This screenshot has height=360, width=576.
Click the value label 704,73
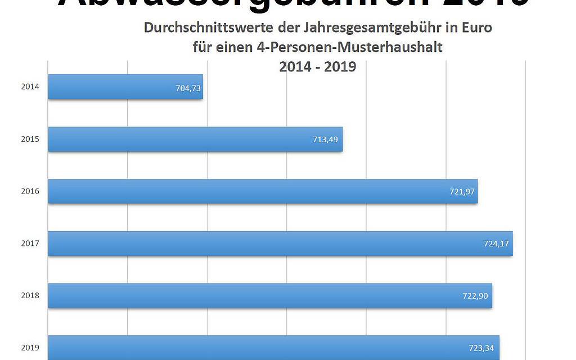tap(188, 88)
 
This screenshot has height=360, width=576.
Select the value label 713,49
tap(325, 139)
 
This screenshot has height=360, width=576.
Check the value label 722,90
tap(476, 296)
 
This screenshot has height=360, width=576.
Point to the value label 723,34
tap(482, 348)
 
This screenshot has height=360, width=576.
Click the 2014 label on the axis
tap(30, 87)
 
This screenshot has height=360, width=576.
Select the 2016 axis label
tap(30, 191)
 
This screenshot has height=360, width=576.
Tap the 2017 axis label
tap(30, 244)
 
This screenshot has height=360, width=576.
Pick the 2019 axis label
tap(30, 348)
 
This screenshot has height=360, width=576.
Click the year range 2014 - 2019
tap(318, 66)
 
